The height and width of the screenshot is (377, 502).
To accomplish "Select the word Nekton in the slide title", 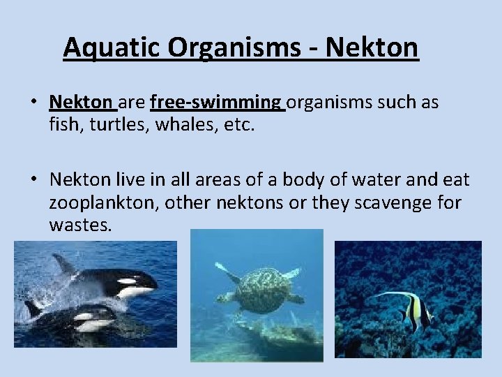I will click(372, 48).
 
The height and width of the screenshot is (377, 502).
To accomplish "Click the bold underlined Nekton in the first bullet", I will click(81, 103).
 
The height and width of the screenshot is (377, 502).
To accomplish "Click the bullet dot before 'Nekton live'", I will click(33, 181).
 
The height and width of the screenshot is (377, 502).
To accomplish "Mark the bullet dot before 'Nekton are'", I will click(33, 103).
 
